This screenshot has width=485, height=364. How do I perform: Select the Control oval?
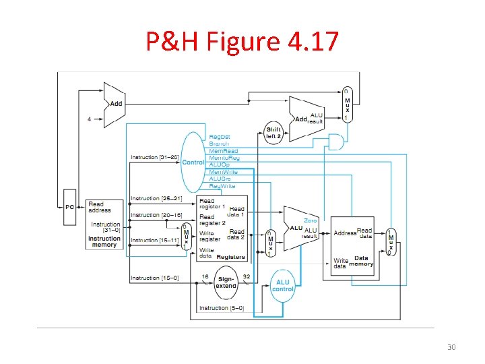[x=193, y=162]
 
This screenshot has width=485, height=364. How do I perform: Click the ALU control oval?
[x=283, y=286]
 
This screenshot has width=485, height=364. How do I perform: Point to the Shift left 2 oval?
[x=274, y=133]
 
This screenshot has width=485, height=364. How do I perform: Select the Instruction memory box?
[x=104, y=224]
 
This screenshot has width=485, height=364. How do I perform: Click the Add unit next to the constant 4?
[x=113, y=104]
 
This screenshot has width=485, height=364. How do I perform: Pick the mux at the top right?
[x=346, y=104]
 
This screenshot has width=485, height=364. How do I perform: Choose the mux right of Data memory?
[x=390, y=243]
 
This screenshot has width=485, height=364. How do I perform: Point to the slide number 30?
[x=451, y=347]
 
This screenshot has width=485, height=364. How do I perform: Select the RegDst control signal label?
[x=220, y=137]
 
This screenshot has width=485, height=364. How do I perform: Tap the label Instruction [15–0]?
[x=154, y=278]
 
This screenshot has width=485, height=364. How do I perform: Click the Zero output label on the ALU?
[x=310, y=220]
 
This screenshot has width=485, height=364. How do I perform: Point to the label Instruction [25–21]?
[x=156, y=199]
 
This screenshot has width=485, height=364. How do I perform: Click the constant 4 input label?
[x=89, y=119]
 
